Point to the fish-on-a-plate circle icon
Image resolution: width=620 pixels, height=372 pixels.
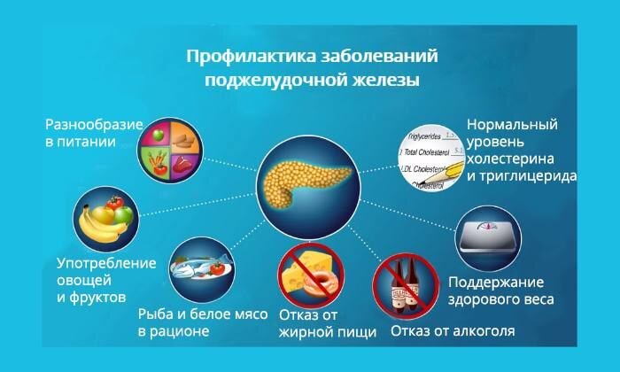200,269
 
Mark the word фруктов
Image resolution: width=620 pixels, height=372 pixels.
98,296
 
